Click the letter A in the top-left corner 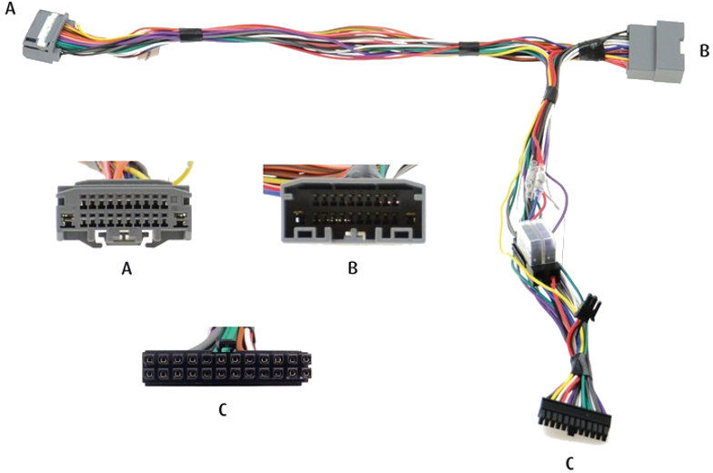(x=8, y=10)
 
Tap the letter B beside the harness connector (x=703, y=51)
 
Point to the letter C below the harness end (x=569, y=462)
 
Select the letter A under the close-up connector (x=126, y=268)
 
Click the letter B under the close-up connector (x=352, y=268)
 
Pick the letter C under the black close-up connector (x=223, y=409)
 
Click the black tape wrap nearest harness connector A (x=190, y=36)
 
